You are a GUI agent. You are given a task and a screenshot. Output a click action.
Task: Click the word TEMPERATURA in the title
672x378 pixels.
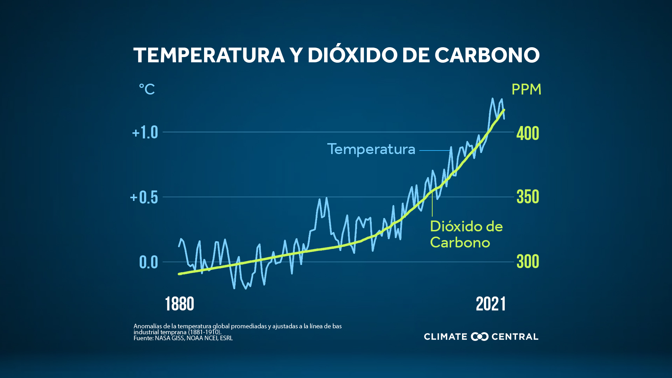point(209,55)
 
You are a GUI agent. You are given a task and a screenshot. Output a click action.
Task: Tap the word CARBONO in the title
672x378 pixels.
point(487,55)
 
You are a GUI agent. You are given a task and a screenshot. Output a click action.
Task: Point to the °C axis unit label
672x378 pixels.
point(147,89)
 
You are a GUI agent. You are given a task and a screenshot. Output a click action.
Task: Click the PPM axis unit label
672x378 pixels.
point(526,90)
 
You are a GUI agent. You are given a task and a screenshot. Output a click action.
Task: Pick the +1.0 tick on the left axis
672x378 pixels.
point(145,133)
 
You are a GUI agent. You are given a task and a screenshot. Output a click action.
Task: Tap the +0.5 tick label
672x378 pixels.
point(144,197)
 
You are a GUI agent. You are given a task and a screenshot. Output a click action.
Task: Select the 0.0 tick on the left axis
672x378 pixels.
point(148,262)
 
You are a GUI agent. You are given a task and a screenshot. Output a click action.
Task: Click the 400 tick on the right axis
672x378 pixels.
point(527,133)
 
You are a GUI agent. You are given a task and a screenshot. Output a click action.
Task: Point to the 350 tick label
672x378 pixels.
point(527,197)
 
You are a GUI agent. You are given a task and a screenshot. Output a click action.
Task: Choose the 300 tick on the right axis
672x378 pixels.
point(527,261)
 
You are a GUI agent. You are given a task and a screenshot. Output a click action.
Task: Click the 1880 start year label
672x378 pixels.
point(179,304)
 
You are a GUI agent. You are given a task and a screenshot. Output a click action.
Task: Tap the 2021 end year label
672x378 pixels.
point(490,304)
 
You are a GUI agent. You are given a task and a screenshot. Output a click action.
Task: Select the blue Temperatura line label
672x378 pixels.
point(371,149)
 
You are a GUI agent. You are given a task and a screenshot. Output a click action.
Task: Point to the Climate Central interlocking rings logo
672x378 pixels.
point(479,337)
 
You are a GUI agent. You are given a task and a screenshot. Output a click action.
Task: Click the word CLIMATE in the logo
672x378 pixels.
point(445,337)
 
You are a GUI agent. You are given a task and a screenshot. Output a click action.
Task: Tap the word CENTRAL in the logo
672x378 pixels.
point(515,337)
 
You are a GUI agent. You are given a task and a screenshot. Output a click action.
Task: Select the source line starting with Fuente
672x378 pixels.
point(183,338)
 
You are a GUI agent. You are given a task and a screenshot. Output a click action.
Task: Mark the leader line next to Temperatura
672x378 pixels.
point(434,150)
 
